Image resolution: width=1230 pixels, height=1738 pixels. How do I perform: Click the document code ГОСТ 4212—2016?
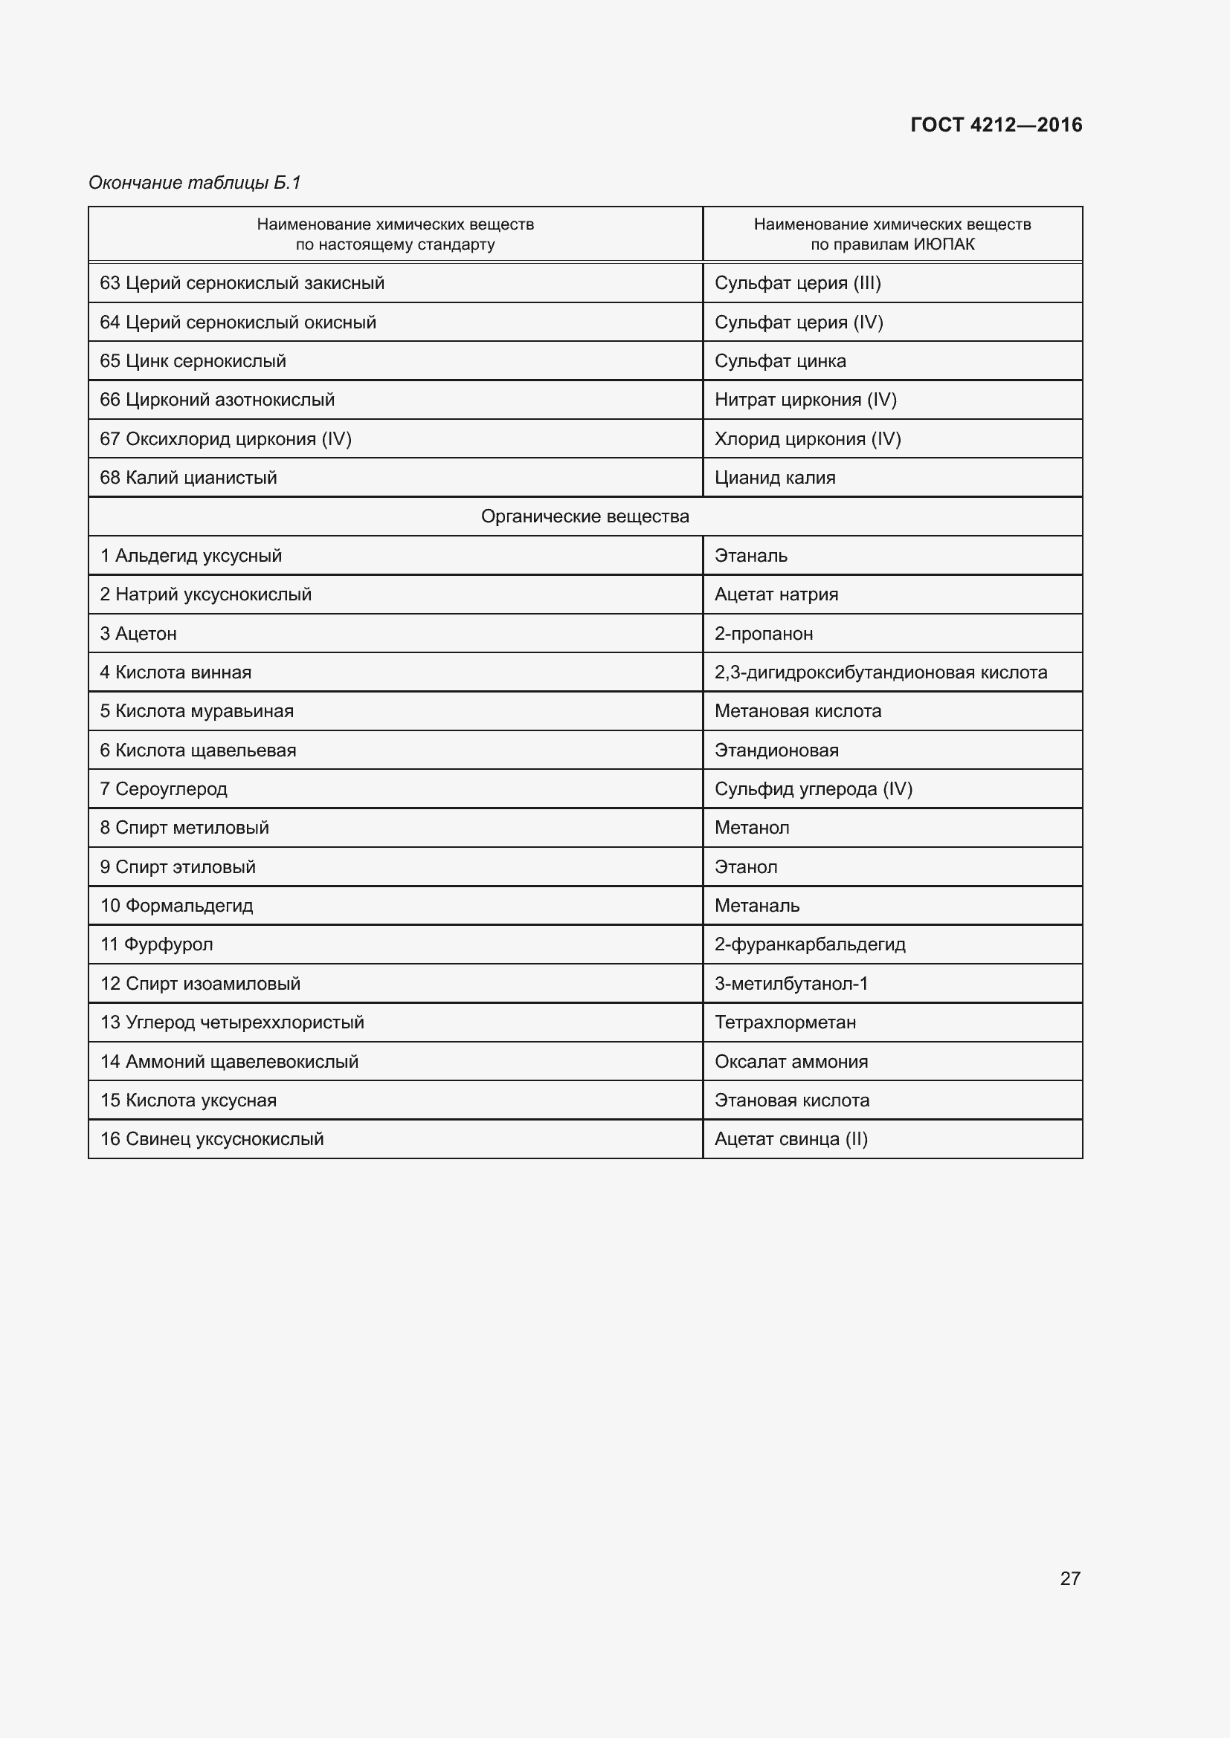[996, 125]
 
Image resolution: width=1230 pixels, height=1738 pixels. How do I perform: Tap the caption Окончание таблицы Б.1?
[195, 183]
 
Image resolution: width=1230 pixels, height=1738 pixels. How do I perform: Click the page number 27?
[1069, 1578]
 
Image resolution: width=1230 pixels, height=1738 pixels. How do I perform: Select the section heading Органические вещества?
[585, 517]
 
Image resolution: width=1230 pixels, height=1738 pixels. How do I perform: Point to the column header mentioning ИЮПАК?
[892, 235]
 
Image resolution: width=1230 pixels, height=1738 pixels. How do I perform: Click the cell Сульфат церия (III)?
[797, 283]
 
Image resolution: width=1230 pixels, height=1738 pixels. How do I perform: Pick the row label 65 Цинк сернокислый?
[193, 361]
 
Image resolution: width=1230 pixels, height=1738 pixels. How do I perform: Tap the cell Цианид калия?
[775, 478]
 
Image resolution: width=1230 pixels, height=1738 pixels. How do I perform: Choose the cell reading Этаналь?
[750, 556]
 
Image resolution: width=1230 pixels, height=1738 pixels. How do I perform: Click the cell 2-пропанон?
[764, 634]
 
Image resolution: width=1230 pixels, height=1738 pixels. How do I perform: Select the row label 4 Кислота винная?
[176, 672]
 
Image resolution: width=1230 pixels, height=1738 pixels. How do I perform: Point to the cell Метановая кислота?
[797, 712]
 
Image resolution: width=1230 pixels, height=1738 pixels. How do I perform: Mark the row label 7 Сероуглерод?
[164, 789]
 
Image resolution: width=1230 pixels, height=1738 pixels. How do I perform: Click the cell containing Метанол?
[751, 828]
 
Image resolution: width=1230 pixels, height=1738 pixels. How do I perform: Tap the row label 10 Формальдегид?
[176, 906]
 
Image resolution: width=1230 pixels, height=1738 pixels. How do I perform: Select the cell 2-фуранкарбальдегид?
[810, 944]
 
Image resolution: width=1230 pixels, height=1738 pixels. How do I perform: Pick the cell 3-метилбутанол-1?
[791, 984]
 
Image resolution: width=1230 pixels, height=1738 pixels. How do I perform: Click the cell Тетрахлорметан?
[785, 1022]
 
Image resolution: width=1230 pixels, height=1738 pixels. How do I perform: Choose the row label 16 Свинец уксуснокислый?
[212, 1139]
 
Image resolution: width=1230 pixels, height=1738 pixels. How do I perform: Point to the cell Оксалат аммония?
[791, 1062]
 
